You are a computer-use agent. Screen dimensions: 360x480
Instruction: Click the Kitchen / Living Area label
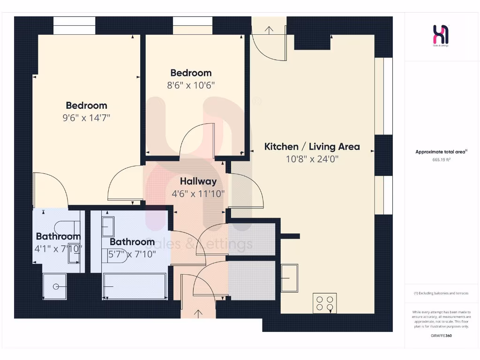point(312,146)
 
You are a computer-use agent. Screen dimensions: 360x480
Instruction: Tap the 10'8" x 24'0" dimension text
point(312,159)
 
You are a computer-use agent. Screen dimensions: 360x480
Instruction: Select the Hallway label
point(198,181)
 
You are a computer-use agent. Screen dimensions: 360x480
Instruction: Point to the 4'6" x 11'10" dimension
point(198,193)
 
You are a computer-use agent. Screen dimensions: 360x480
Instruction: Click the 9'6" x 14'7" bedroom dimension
point(86,118)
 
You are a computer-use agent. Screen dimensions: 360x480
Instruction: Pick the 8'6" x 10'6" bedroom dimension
point(191,85)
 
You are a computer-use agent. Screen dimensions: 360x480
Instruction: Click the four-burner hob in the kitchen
point(324,303)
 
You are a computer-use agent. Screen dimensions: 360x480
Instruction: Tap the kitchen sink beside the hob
point(289,277)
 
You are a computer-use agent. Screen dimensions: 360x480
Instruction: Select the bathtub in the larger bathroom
point(135,285)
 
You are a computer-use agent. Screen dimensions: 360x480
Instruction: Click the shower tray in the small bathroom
point(55,286)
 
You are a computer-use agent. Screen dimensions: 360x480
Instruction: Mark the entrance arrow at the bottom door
point(198,313)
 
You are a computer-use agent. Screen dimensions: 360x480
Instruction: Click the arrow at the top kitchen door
point(269,30)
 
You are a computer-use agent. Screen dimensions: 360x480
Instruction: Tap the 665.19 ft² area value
point(441,159)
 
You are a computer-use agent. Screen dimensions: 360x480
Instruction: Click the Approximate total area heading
point(441,151)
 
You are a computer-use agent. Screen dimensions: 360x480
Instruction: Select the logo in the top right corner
point(441,36)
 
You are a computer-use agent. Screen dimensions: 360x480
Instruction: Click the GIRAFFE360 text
point(441,336)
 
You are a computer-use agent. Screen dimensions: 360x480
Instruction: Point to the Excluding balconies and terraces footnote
point(441,293)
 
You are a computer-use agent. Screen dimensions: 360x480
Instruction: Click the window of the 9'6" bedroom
point(74,25)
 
